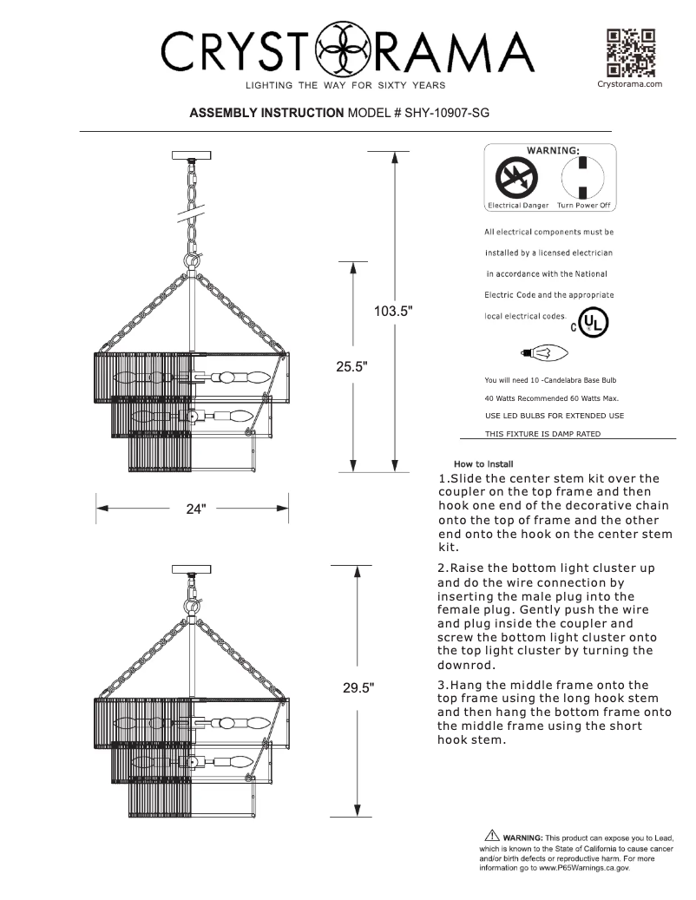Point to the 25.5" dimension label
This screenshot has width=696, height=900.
(353, 366)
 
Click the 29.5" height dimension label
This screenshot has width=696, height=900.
(358, 688)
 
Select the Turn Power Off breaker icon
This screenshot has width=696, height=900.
(583, 179)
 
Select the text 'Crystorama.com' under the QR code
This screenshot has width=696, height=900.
(630, 84)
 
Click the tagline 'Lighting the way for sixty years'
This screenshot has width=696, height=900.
(345, 85)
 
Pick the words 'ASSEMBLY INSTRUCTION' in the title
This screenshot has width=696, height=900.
(266, 113)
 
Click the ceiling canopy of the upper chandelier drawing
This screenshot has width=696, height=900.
(193, 155)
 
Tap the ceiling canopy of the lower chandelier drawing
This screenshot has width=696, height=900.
(193, 569)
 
